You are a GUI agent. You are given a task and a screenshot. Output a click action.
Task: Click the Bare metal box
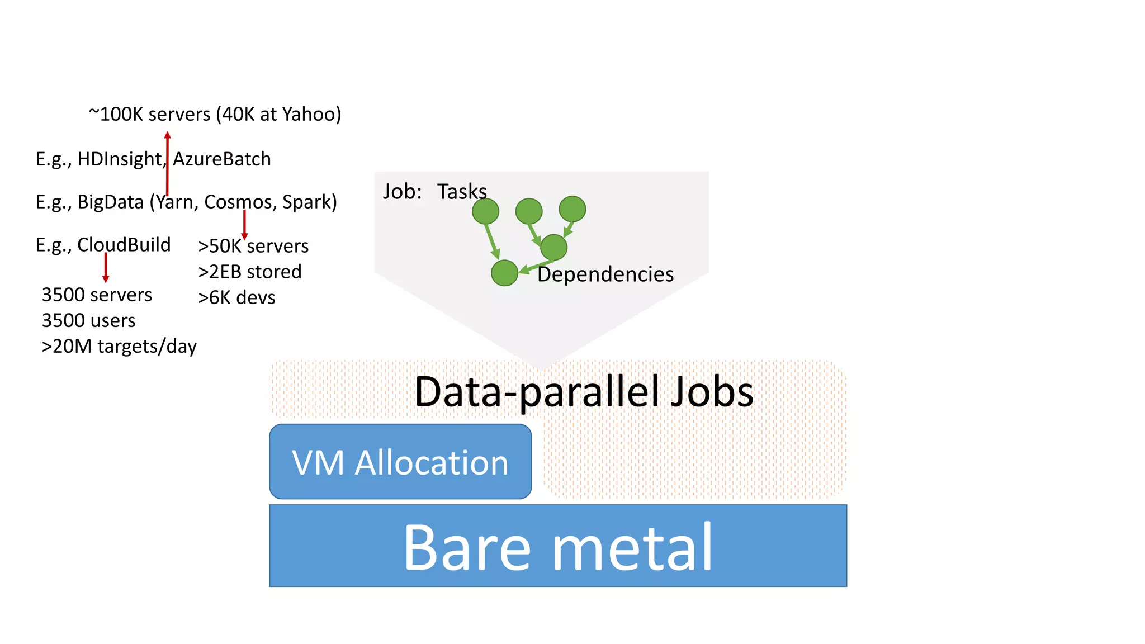pyautogui.click(x=558, y=546)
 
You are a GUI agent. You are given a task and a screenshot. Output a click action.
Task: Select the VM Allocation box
pyautogui.click(x=400, y=462)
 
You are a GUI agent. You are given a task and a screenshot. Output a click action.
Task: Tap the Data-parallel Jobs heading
pyautogui.click(x=584, y=391)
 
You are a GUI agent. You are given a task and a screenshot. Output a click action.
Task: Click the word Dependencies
pyautogui.click(x=605, y=274)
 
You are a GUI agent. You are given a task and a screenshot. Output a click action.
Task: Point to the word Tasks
pyautogui.click(x=462, y=192)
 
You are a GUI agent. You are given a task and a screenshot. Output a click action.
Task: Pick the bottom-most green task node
pyautogui.click(x=504, y=273)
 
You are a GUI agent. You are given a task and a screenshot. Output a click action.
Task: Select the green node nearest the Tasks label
pyautogui.click(x=485, y=211)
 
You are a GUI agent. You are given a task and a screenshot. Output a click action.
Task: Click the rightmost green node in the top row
pyautogui.click(x=572, y=209)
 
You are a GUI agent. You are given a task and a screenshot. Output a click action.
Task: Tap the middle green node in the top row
pyautogui.click(x=529, y=211)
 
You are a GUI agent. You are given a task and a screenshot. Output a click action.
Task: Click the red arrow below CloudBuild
pyautogui.click(x=106, y=267)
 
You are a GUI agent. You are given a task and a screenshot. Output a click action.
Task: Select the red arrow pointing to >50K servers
pyautogui.click(x=244, y=225)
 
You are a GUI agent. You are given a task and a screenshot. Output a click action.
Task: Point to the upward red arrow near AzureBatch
pyautogui.click(x=167, y=163)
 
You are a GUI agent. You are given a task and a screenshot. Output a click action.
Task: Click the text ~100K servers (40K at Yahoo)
pyautogui.click(x=215, y=114)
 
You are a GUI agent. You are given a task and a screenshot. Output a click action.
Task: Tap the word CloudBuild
pyautogui.click(x=124, y=245)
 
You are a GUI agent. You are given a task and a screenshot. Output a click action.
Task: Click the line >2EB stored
pyautogui.click(x=250, y=272)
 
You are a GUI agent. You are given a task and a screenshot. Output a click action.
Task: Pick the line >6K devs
pyautogui.click(x=236, y=297)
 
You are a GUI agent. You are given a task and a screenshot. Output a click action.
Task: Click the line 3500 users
pyautogui.click(x=89, y=320)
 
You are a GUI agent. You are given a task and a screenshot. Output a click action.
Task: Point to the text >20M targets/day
pyautogui.click(x=119, y=347)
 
